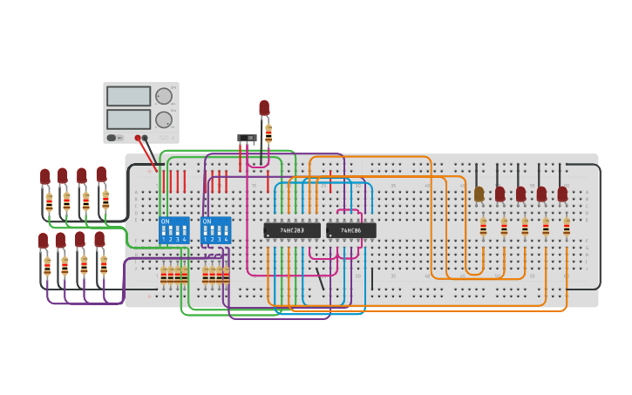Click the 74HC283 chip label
292,230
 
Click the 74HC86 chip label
351,230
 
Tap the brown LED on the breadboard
479,194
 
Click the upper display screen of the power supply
128,96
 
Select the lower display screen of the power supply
128,119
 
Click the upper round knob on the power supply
164,96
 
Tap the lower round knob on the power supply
164,119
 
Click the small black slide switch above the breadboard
247,138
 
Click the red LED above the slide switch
264,107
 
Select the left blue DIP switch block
174,230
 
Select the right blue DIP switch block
215,230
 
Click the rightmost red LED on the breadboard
562,194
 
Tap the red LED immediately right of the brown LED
499,194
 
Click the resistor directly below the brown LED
483,228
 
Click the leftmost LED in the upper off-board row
45,176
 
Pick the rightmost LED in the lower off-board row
99,239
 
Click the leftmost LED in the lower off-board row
43,240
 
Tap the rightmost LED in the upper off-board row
101,174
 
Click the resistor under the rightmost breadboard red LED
567,228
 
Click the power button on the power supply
112,138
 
